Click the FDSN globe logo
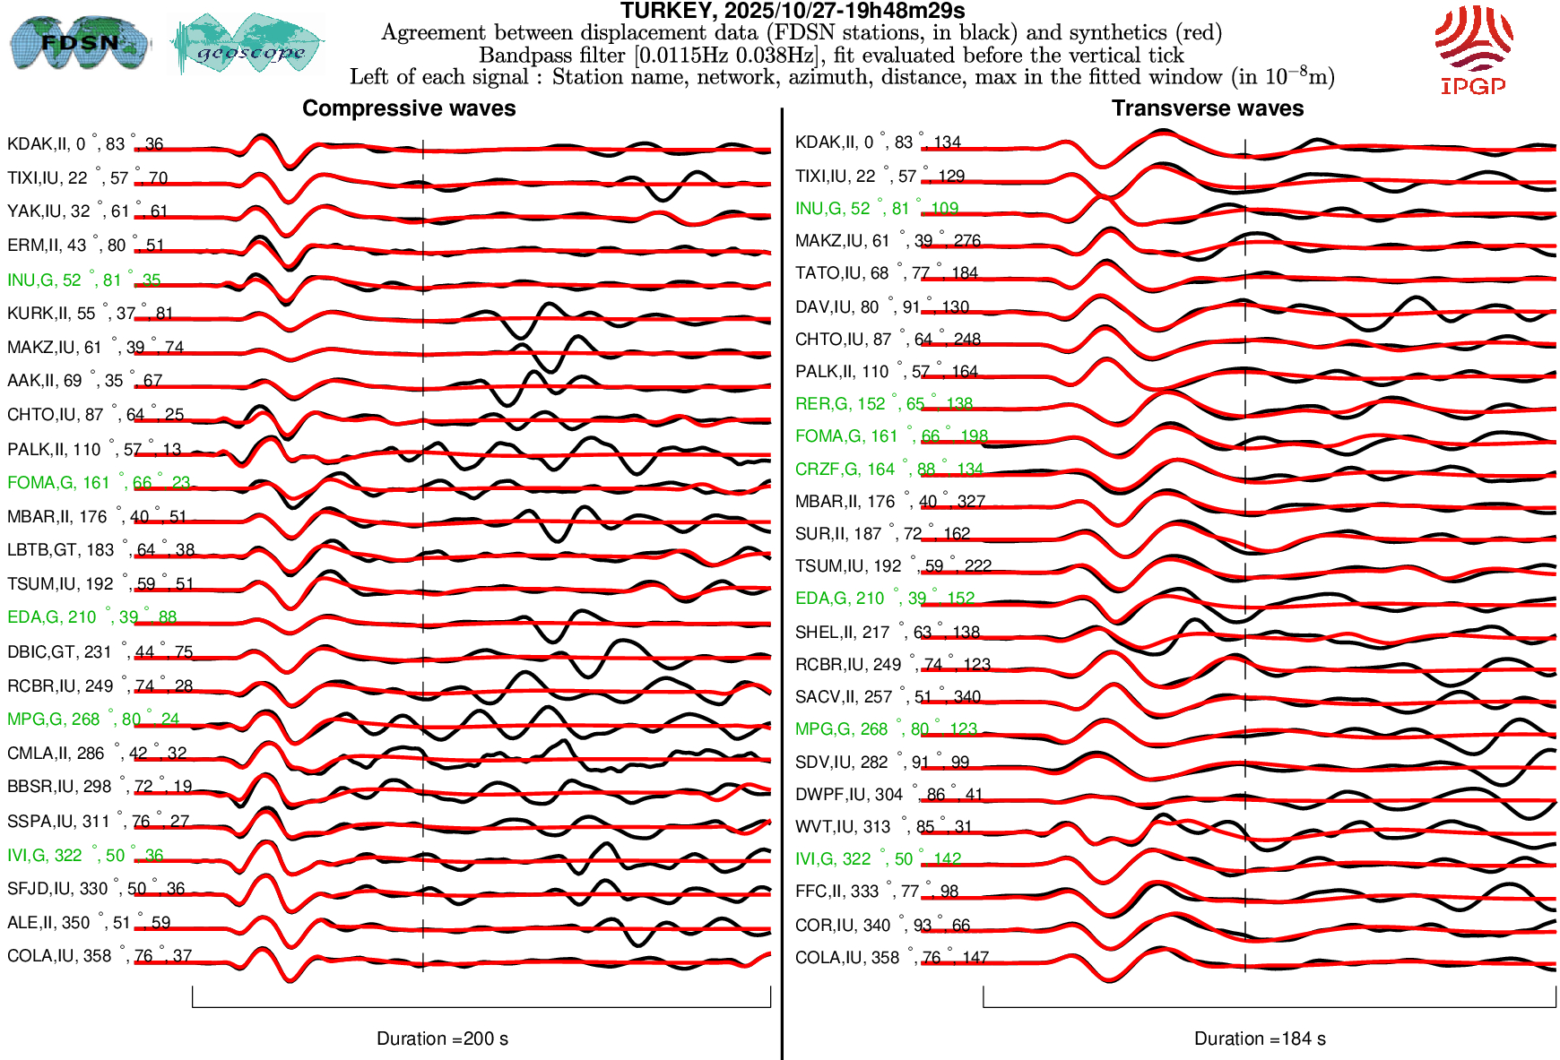point(79,42)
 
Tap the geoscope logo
point(248,44)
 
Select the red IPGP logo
point(1473,49)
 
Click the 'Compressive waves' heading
point(409,108)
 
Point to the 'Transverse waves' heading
point(1208,108)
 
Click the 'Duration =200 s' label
point(442,1038)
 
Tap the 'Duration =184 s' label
point(1260,1038)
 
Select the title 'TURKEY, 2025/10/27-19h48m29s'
point(793,11)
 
